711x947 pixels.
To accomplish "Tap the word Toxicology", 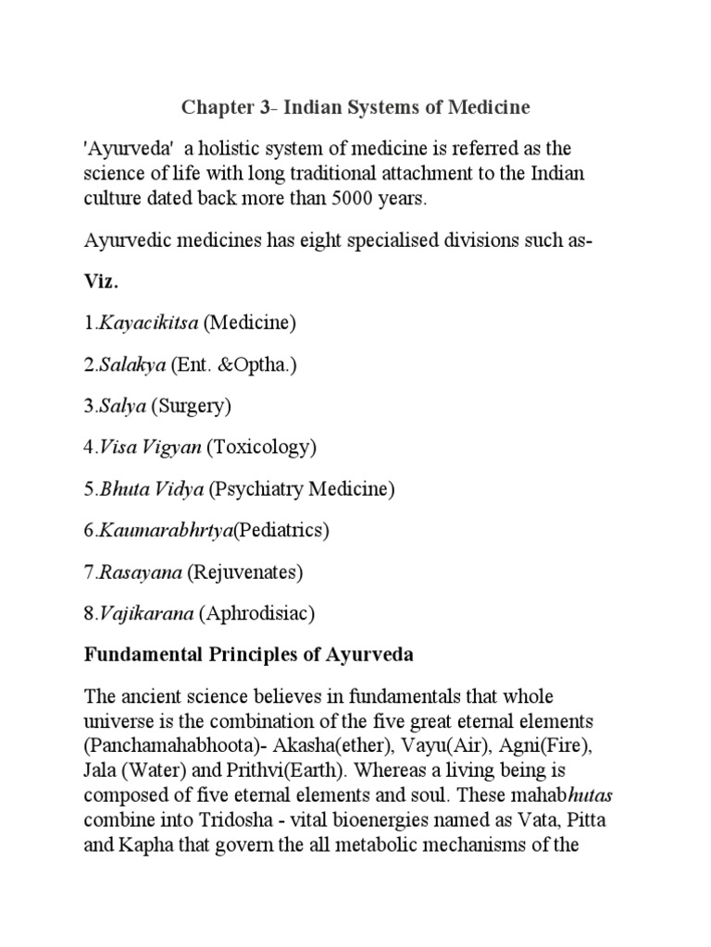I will (x=262, y=448).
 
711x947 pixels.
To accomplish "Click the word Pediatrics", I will (x=282, y=531).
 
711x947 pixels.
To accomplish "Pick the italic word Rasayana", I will (x=139, y=572).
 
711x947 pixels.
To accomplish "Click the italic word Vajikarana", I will (x=144, y=613).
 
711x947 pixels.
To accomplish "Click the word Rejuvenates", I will (x=245, y=572).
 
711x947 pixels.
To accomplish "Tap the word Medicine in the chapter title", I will (x=491, y=108).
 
